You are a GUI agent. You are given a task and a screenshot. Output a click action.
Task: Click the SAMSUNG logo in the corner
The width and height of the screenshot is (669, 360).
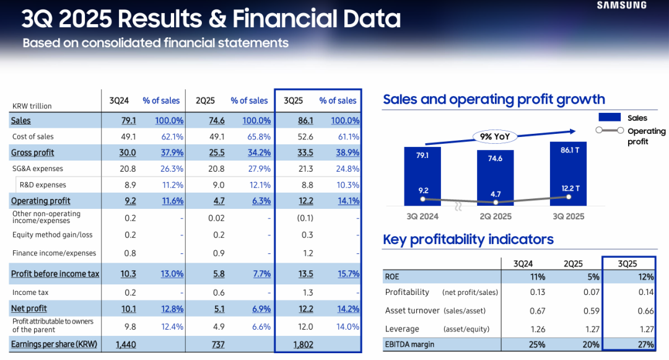(621, 6)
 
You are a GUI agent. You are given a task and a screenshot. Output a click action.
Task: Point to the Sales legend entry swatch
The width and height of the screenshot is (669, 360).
(611, 118)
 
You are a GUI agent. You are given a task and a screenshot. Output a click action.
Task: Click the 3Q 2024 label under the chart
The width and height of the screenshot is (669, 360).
(422, 216)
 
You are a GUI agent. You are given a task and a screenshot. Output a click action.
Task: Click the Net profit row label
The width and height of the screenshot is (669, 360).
(28, 309)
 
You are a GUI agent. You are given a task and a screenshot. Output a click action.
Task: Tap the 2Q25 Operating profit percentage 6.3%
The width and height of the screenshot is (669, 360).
(261, 201)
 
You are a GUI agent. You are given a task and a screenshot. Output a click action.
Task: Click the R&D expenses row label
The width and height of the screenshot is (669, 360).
(43, 185)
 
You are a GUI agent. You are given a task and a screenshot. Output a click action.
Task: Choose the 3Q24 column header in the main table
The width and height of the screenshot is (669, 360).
(119, 100)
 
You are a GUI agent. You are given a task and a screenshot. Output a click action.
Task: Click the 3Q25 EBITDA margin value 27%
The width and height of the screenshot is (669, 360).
(645, 345)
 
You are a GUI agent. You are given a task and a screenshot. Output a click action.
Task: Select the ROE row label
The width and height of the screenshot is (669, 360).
(392, 276)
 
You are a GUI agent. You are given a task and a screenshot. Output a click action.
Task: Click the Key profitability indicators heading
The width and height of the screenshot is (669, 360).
(468, 240)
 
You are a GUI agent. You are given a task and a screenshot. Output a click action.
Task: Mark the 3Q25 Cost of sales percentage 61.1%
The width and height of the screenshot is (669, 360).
(347, 137)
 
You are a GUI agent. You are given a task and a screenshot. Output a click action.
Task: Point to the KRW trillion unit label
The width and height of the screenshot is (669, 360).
(32, 106)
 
